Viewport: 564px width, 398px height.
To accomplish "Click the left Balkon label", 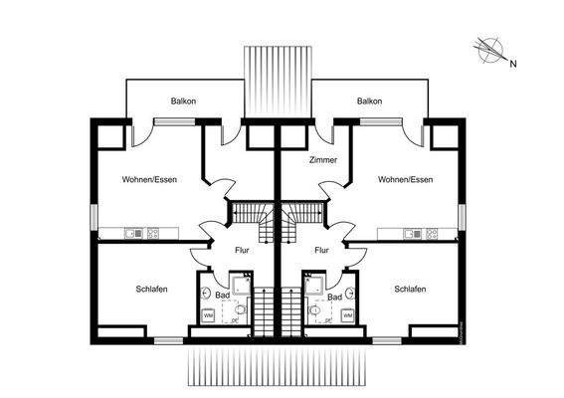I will (184, 101).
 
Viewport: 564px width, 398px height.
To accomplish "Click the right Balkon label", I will (370, 101).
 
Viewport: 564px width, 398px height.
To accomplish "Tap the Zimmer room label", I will (323, 160).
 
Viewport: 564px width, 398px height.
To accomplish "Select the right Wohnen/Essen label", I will (405, 180).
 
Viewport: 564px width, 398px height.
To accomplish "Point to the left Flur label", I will (242, 251).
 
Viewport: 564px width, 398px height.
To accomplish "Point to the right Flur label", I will (321, 251).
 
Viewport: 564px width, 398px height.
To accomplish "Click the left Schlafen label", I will (151, 289).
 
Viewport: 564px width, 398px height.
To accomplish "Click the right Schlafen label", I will (410, 289).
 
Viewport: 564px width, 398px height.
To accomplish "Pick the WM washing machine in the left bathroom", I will (209, 315).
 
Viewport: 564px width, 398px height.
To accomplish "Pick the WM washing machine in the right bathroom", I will (347, 315).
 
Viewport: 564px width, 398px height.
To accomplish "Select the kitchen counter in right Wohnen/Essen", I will (418, 235).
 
